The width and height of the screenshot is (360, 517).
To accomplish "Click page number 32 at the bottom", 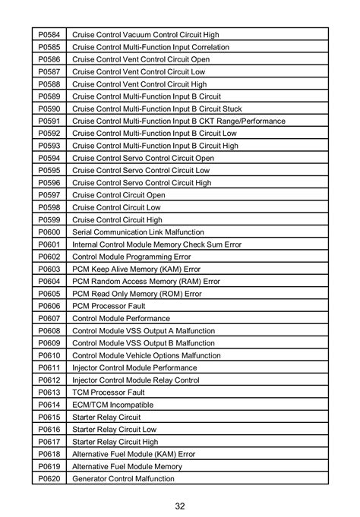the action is [x=179, y=505].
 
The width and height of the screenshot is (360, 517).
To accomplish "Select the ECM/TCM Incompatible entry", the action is [x=107, y=404].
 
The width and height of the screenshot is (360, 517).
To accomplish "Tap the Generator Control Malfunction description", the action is [x=123, y=478].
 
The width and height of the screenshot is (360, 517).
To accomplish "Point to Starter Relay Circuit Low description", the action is [x=114, y=429].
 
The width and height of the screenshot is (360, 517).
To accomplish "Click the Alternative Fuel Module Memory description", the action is [x=127, y=466].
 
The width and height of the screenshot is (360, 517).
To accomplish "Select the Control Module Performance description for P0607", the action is [x=121, y=318].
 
